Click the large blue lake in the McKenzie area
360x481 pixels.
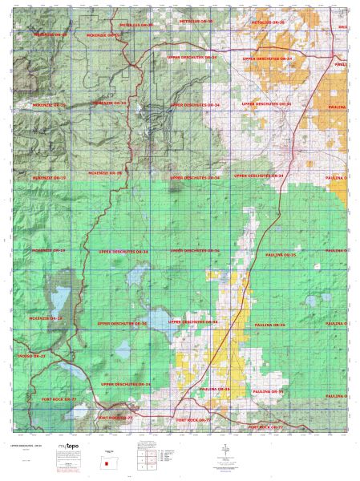pyautogui.click(x=59, y=301)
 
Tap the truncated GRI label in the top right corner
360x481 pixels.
pyautogui.click(x=342, y=27)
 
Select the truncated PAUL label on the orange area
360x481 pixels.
pyautogui.click(x=341, y=63)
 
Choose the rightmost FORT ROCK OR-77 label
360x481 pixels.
pyautogui.click(x=266, y=427)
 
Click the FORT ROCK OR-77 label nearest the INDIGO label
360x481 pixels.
pyautogui.click(x=59, y=398)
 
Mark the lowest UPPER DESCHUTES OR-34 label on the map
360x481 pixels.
pyautogui.click(x=126, y=385)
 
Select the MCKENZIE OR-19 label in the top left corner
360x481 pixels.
pyautogui.click(x=50, y=35)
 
